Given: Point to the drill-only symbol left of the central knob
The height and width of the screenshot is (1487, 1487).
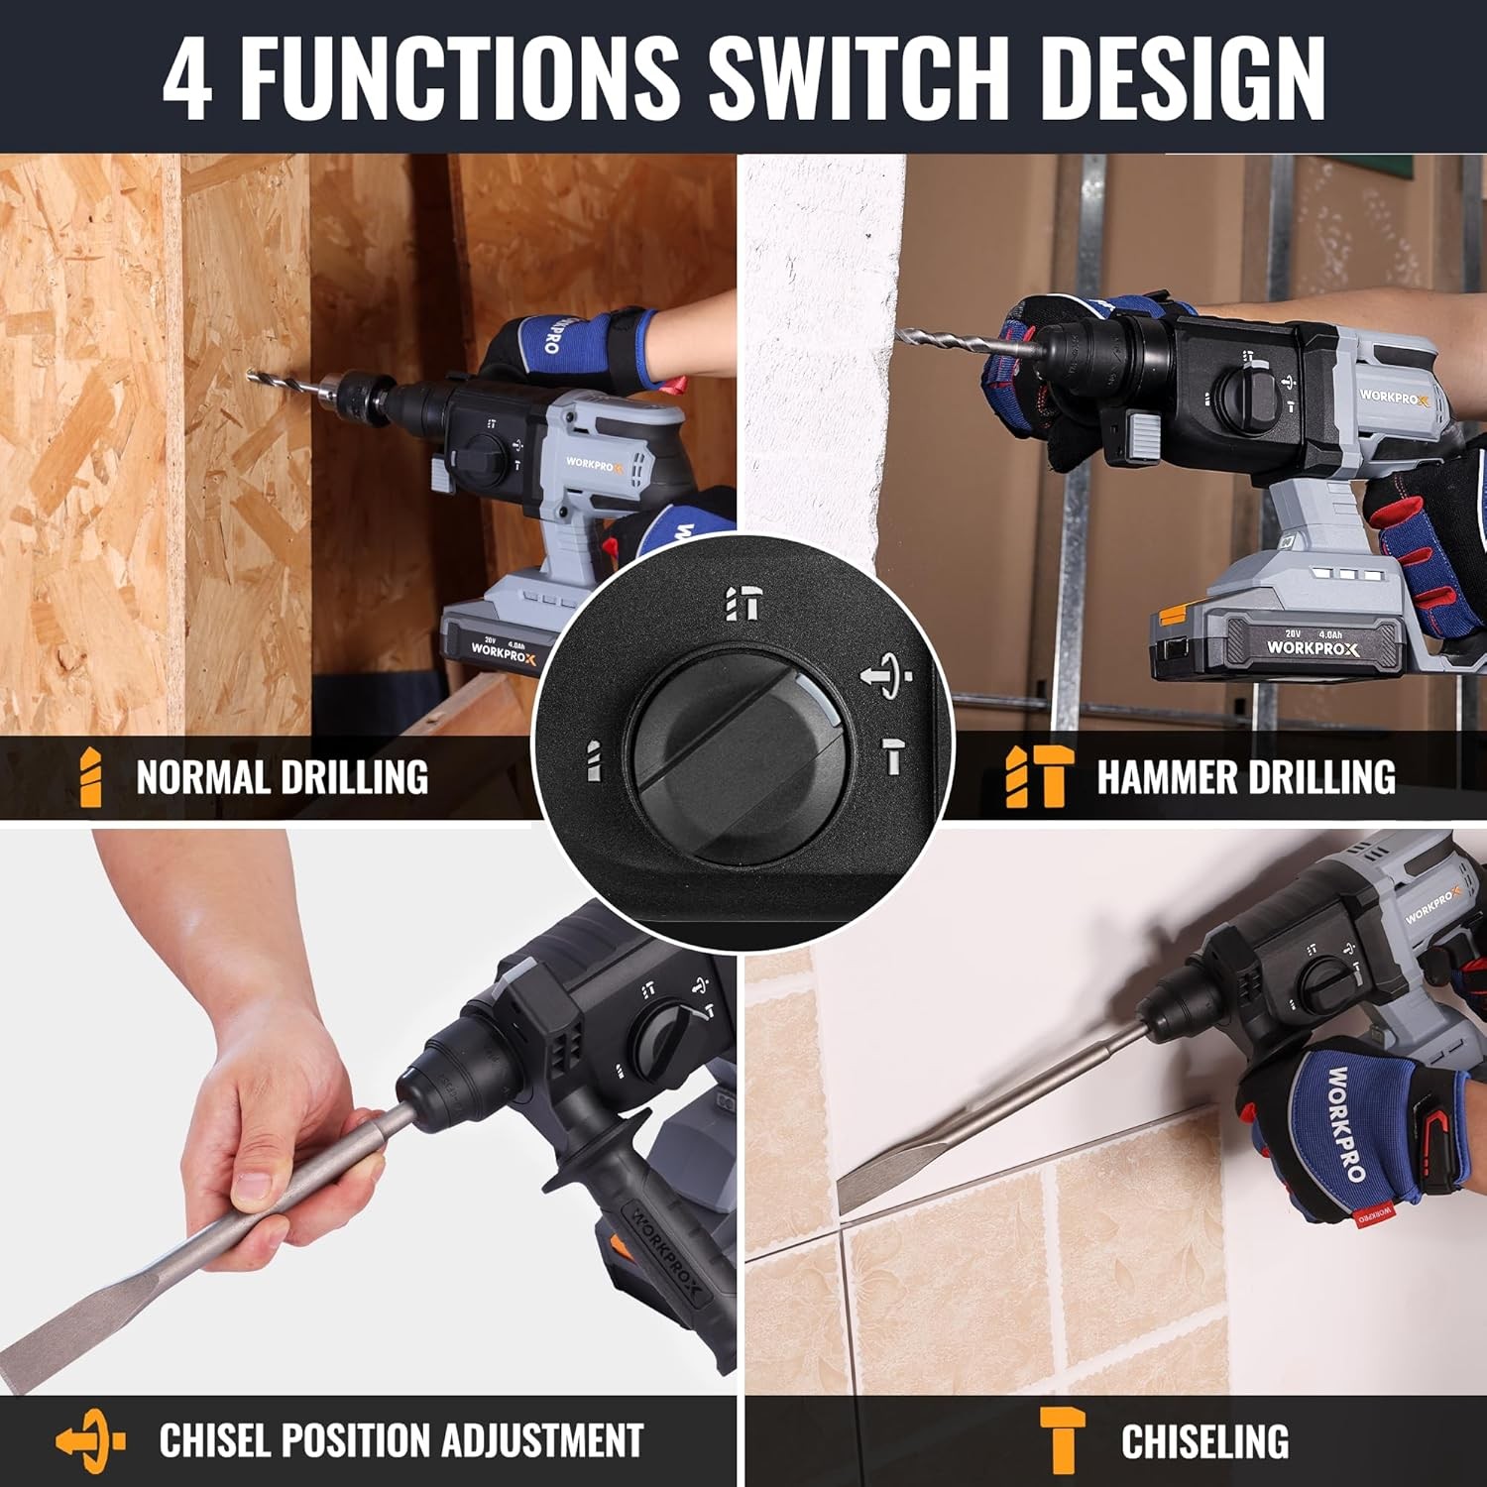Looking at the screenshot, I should click(x=593, y=761).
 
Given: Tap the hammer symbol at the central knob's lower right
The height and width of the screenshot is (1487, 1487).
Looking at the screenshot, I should click(x=895, y=755).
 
